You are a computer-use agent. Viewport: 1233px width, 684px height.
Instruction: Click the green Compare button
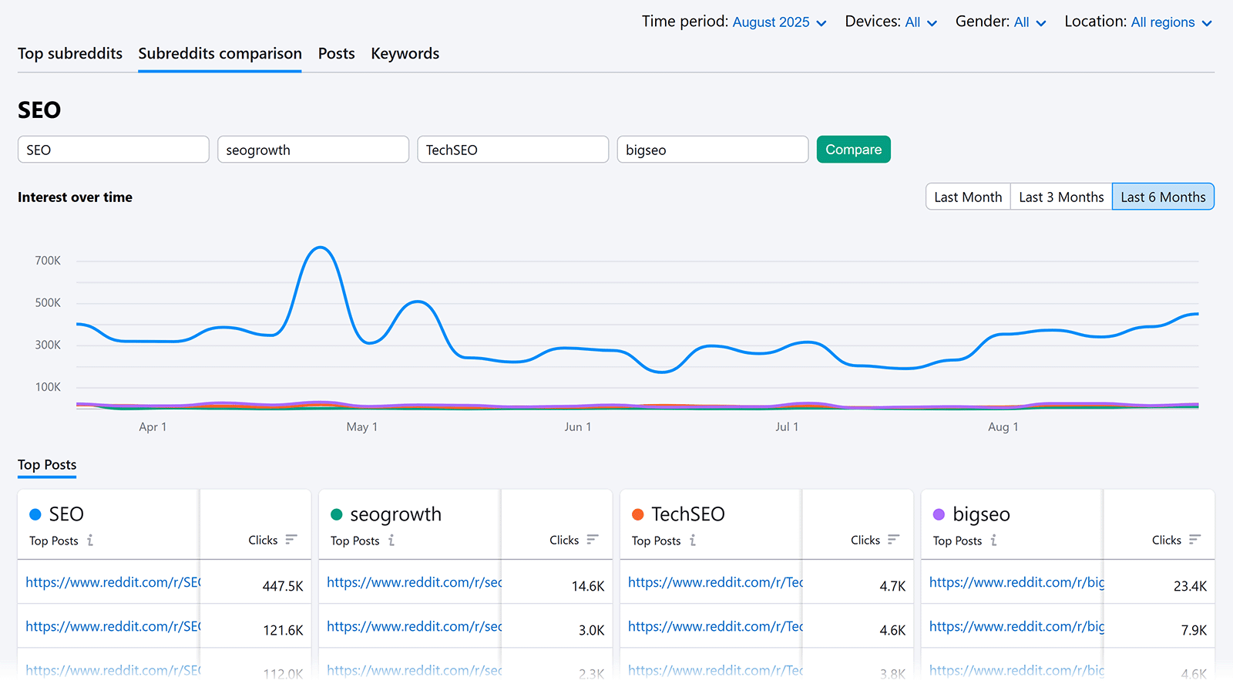point(853,150)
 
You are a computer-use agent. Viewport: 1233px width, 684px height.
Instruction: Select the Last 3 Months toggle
point(1060,197)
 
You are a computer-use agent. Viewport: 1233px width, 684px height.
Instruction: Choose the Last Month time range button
point(967,197)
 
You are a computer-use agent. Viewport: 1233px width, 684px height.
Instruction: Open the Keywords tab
point(405,53)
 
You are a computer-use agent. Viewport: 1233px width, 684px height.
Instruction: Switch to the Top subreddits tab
point(70,53)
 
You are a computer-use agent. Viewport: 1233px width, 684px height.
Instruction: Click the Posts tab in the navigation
point(336,53)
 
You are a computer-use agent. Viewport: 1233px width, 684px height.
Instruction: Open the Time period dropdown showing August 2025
point(778,22)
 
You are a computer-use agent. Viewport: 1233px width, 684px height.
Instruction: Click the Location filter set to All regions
point(1171,22)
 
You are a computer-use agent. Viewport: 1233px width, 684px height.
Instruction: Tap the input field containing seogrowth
point(312,150)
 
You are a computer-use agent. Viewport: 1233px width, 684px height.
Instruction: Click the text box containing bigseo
point(711,150)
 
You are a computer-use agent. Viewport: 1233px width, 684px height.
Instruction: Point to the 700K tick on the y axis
point(48,261)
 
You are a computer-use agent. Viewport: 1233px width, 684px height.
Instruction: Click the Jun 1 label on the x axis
point(577,426)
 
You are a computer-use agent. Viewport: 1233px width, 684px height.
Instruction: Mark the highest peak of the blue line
point(320,248)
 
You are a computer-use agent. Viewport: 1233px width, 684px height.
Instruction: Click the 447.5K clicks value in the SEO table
point(282,586)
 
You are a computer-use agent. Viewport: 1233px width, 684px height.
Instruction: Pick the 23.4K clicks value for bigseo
point(1189,586)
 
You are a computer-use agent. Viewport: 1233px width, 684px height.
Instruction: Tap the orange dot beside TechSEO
point(637,514)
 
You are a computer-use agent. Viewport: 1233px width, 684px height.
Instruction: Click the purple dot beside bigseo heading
point(939,514)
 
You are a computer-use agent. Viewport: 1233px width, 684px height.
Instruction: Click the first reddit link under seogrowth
point(414,582)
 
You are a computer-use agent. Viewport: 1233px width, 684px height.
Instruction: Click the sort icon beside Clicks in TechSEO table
point(893,540)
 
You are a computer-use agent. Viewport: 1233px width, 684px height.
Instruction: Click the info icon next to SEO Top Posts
point(90,541)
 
